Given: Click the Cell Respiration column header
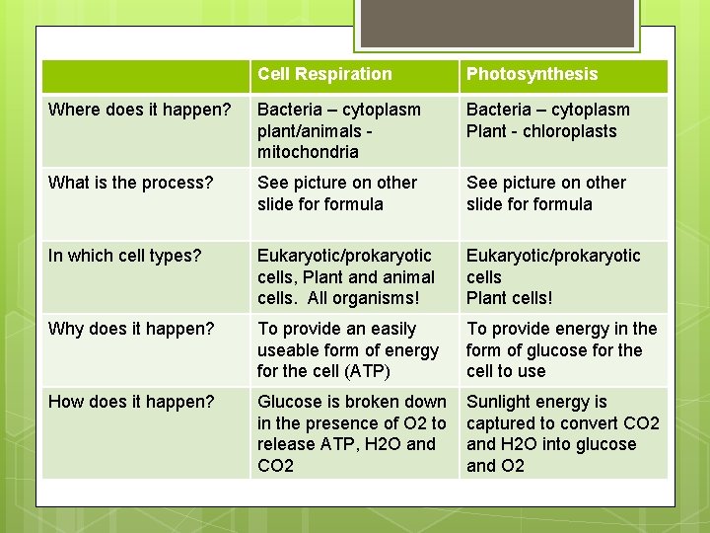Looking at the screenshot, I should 324,75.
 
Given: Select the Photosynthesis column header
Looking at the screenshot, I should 532,75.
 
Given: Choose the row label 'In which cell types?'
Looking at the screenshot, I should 124,256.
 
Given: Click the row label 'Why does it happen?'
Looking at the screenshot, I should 131,329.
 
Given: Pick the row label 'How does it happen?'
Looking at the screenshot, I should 131,402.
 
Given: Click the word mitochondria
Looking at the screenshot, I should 308,152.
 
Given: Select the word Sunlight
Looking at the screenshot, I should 500,402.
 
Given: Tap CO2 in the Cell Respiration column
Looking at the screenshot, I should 275,465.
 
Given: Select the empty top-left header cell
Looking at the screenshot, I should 145,76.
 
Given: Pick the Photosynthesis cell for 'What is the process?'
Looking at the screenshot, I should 563,193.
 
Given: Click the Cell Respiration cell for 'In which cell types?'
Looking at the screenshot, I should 354,277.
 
